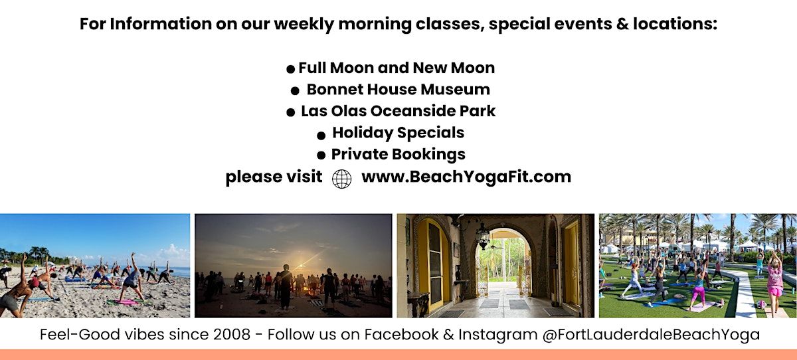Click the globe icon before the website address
(x=341, y=179)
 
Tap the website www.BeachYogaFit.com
(x=466, y=177)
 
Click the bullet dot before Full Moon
(x=290, y=69)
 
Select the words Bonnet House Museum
(x=398, y=89)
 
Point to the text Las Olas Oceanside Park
(x=398, y=111)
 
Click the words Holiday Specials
(x=398, y=133)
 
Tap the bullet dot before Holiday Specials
(x=321, y=135)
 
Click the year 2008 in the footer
(x=232, y=334)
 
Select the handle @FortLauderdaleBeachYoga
(x=651, y=335)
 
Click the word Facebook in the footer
(x=401, y=334)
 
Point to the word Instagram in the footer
(x=497, y=335)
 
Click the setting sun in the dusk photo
(x=302, y=265)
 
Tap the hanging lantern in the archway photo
(x=482, y=235)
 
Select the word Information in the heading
(x=161, y=24)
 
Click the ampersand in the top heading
(x=622, y=24)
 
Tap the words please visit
(x=274, y=177)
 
